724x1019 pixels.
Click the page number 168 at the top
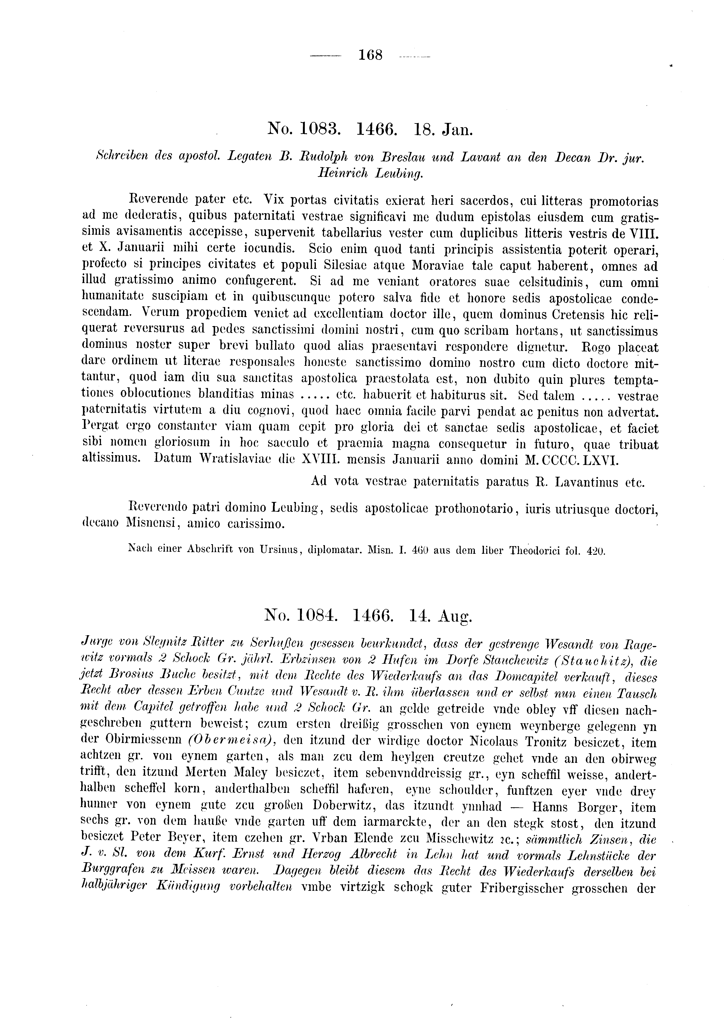tap(370, 55)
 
